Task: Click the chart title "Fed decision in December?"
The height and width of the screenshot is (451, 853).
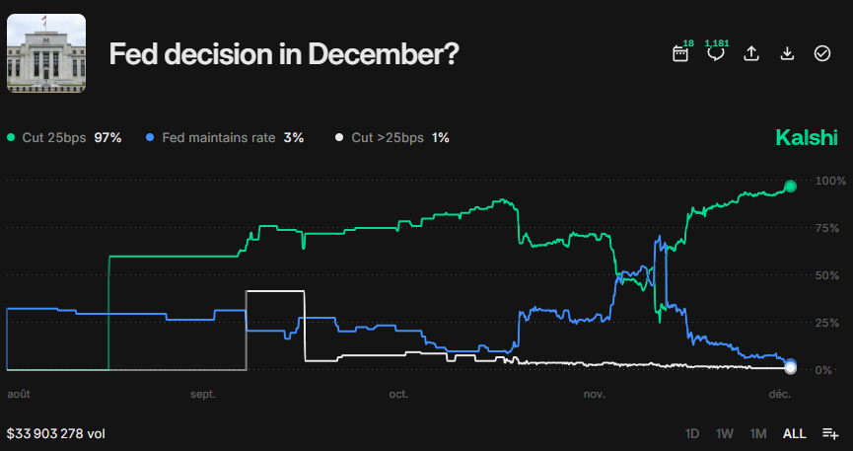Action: tap(283, 54)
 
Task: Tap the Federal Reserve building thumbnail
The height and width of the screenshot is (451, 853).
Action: tap(46, 53)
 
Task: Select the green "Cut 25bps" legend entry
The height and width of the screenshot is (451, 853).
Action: tap(64, 137)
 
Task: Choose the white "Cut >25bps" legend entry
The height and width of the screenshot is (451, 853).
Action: tap(392, 137)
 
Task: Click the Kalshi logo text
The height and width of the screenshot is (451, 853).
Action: tap(807, 137)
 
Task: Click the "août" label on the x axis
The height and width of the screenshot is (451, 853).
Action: tap(19, 394)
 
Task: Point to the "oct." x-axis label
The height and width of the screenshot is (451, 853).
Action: tap(398, 394)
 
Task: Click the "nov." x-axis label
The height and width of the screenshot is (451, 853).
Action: tap(594, 394)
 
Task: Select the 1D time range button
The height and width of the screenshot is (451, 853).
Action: tap(692, 433)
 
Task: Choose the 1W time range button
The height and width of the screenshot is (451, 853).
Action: tap(724, 433)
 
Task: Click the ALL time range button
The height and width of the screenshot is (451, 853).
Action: tap(794, 433)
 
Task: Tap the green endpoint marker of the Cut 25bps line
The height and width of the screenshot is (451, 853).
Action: tap(790, 186)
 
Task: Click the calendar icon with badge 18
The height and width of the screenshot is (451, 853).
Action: tap(680, 53)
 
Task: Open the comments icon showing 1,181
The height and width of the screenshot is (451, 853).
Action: tap(716, 53)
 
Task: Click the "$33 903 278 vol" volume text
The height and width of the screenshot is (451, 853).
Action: tap(56, 433)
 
